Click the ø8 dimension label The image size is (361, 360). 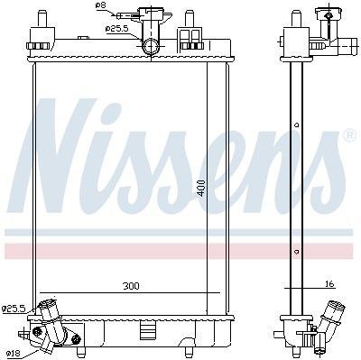pos(100,5)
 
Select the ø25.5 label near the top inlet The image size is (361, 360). pos(117,29)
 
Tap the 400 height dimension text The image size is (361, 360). pos(201,188)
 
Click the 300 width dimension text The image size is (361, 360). pos(131,286)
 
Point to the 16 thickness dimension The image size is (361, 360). pos(330,283)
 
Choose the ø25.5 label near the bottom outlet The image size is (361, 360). pos(13,309)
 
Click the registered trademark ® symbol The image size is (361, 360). pos(349,135)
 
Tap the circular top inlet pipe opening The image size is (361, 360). pos(151,47)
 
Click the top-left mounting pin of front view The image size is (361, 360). pos(42,19)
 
